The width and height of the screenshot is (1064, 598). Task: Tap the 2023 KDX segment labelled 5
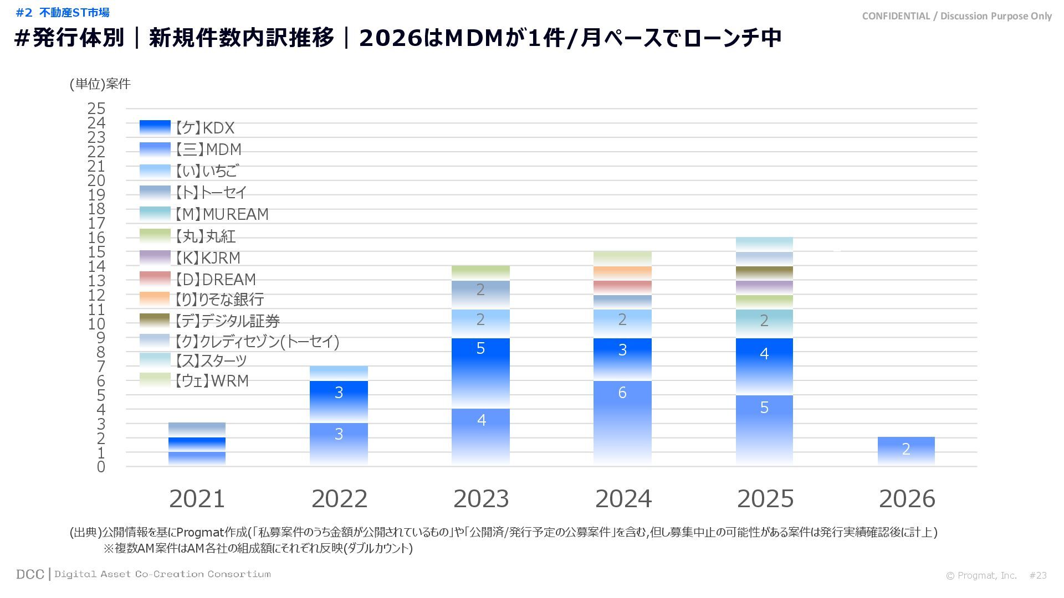[x=480, y=373]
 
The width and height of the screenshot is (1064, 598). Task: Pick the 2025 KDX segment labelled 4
[x=764, y=366]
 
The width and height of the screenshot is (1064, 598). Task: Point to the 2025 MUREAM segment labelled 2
[x=764, y=323]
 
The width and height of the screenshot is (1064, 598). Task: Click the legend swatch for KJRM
[x=155, y=258]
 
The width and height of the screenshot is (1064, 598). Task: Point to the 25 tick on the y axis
[x=96, y=109]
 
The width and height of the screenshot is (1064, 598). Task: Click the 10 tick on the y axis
[x=96, y=324]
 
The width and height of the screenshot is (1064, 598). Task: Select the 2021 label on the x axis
[x=197, y=499]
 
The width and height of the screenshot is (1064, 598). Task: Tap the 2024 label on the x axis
[x=623, y=499]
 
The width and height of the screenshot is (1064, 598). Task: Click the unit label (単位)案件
[x=100, y=84]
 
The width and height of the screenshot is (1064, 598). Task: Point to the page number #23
[x=1038, y=575]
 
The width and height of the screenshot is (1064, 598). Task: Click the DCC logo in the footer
[x=30, y=574]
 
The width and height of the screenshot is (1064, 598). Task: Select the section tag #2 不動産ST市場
[x=63, y=12]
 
